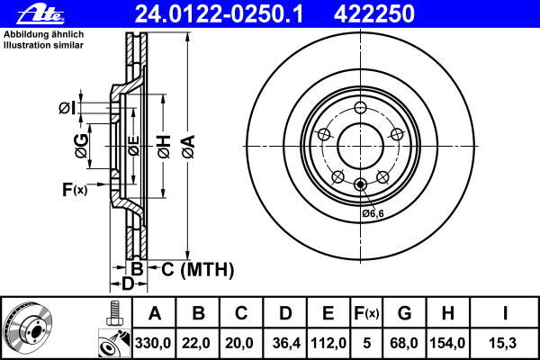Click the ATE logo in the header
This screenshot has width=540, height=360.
pyautogui.click(x=40, y=14)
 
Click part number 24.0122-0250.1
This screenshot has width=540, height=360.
pyautogui.click(x=219, y=14)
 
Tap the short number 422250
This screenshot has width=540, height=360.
pyautogui.click(x=374, y=14)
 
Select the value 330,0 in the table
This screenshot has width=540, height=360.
pyautogui.click(x=153, y=343)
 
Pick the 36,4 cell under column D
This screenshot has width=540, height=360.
pyautogui.click(x=286, y=343)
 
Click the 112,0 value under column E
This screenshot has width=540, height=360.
pyautogui.click(x=328, y=343)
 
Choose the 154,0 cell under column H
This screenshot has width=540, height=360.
pyautogui.click(x=447, y=343)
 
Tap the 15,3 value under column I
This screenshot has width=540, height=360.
pyautogui.click(x=502, y=343)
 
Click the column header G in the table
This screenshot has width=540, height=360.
pyautogui.click(x=404, y=313)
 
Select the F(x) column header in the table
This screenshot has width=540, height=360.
pyautogui.click(x=366, y=313)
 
